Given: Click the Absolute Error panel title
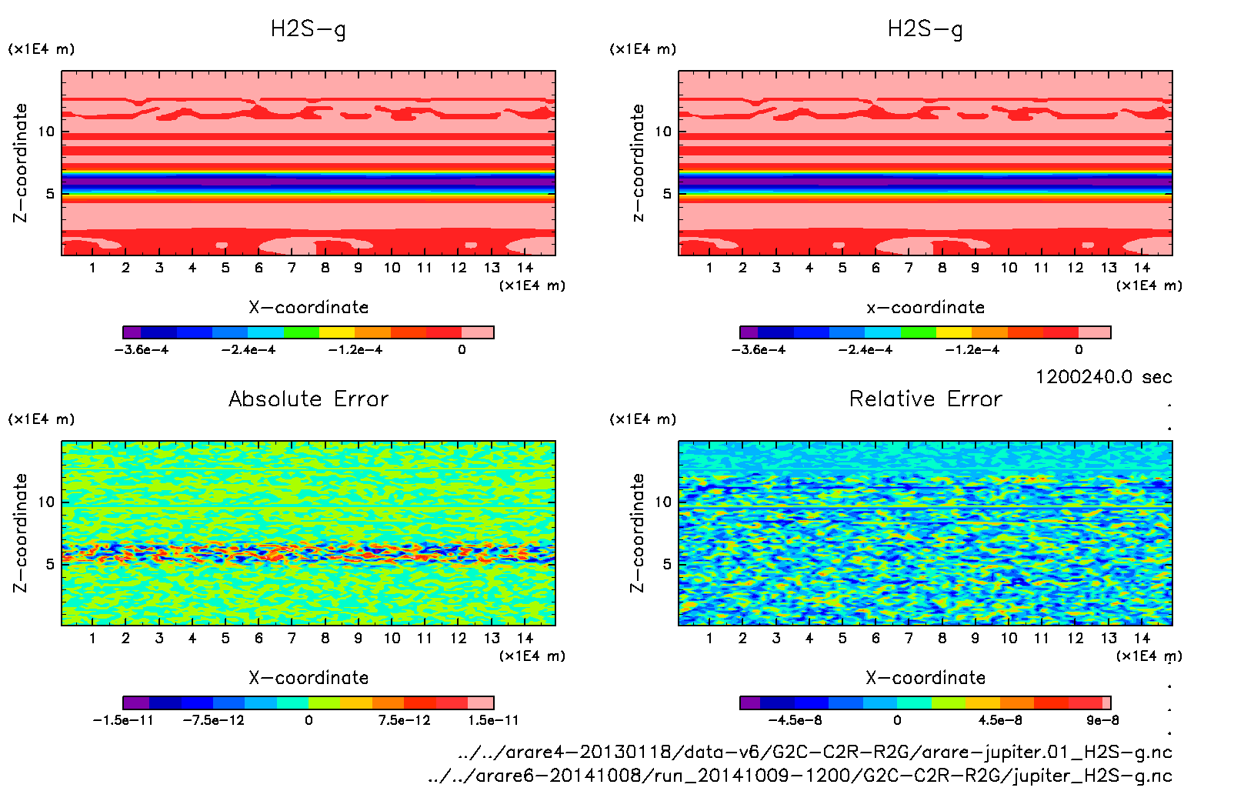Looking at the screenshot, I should click(x=308, y=399).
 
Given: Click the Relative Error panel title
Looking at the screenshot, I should click(x=925, y=399).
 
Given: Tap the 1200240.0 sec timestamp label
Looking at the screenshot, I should click(x=1103, y=377).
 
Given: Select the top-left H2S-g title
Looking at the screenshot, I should click(x=308, y=29).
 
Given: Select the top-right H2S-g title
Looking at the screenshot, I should click(x=925, y=29).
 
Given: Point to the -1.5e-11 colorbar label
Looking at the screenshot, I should click(x=123, y=720).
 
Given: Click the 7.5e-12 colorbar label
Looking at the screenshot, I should click(x=404, y=720).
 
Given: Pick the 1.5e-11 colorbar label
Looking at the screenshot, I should click(x=493, y=720).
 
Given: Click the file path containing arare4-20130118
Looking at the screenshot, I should click(x=815, y=752).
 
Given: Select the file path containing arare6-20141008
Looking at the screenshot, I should click(x=800, y=776).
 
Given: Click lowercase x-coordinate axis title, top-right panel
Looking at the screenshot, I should click(x=925, y=308).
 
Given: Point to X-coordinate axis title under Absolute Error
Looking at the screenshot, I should click(x=308, y=678).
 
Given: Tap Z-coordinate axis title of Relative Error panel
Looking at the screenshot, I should click(x=637, y=532).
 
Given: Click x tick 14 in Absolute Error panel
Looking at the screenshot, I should click(x=525, y=638).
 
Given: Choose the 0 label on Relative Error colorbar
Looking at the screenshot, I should click(x=897, y=720).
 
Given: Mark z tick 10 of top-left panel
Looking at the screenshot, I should click(x=46, y=132).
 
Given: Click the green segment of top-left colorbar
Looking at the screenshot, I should click(x=302, y=332).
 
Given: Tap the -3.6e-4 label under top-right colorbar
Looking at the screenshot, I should click(x=759, y=350).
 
